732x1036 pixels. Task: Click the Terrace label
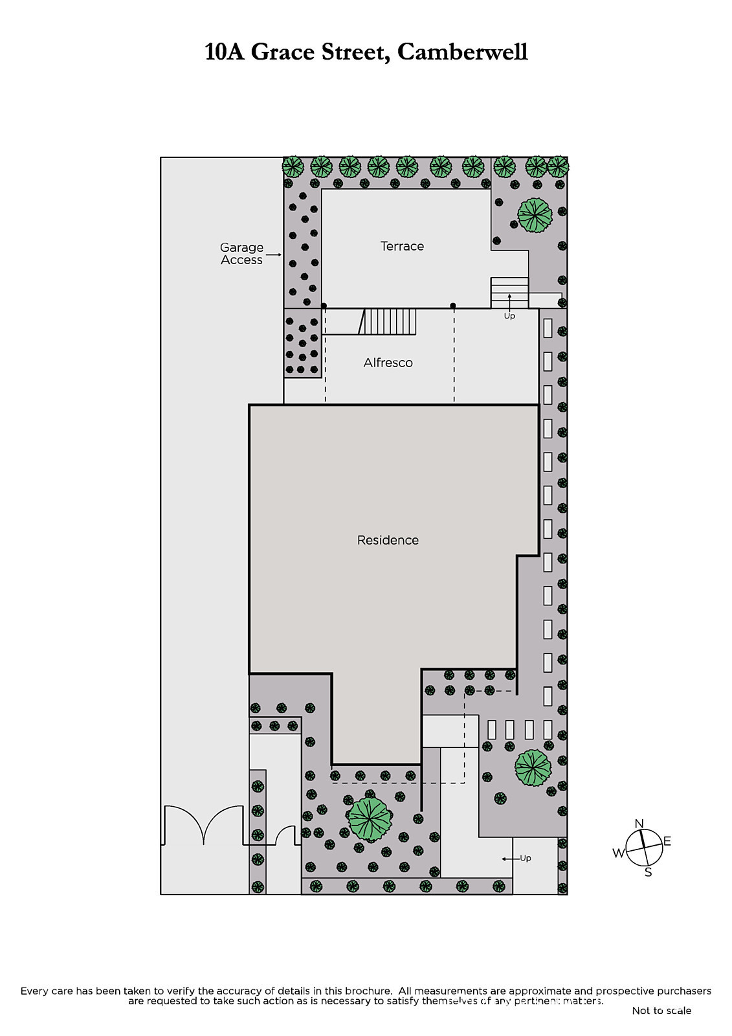402,246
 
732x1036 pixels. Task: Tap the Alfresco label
388,363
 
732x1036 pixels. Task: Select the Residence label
388,540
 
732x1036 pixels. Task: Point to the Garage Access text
241,253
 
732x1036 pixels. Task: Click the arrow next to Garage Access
274,254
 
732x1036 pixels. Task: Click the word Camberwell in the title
462,52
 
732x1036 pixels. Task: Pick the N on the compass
639,823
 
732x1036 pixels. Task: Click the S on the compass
649,872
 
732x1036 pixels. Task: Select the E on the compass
667,841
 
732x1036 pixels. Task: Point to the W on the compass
619,853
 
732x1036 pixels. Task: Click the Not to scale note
661,1011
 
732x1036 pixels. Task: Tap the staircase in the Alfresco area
388,321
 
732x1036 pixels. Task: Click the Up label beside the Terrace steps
509,316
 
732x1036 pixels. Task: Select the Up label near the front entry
526,858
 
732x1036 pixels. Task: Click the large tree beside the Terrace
535,215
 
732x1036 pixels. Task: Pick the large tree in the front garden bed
370,820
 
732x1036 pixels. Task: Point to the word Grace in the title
283,52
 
